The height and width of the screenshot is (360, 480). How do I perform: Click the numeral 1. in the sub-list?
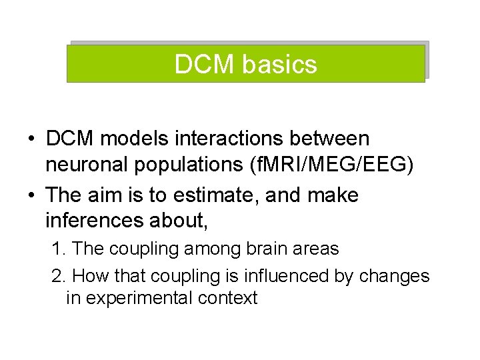tap(59, 249)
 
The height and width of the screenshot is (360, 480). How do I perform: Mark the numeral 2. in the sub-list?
tap(59, 275)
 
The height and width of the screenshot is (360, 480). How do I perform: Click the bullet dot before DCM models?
tap(31, 140)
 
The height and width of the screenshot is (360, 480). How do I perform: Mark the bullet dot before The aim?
tap(31, 197)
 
